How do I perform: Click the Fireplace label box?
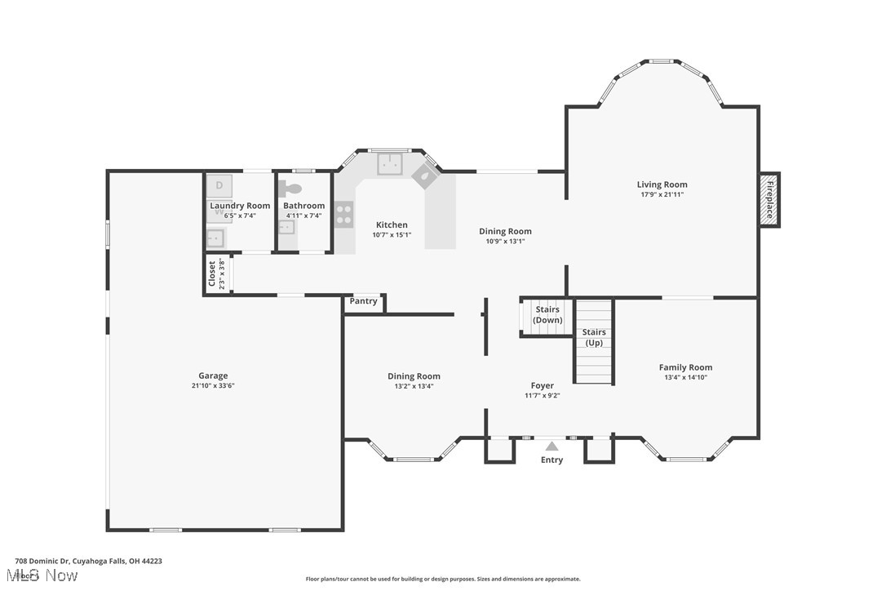point(769,200)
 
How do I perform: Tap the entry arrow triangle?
point(552,446)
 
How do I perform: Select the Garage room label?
point(213,376)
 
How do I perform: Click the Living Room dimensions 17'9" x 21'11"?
point(662,194)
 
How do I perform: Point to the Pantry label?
point(364,301)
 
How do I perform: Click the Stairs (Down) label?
point(547,315)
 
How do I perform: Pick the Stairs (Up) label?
point(594,337)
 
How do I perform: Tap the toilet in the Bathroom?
point(291,189)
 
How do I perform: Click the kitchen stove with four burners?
point(344,214)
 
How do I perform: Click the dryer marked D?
point(219,185)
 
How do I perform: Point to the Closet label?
point(212,274)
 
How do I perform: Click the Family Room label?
point(685,367)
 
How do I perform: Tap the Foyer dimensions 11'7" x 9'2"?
point(542,396)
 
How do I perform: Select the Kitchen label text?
point(392,225)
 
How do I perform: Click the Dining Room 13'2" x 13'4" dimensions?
point(414,386)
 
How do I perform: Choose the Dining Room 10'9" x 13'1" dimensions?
point(505,241)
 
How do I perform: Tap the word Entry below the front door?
point(552,460)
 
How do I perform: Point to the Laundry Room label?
point(240,206)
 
